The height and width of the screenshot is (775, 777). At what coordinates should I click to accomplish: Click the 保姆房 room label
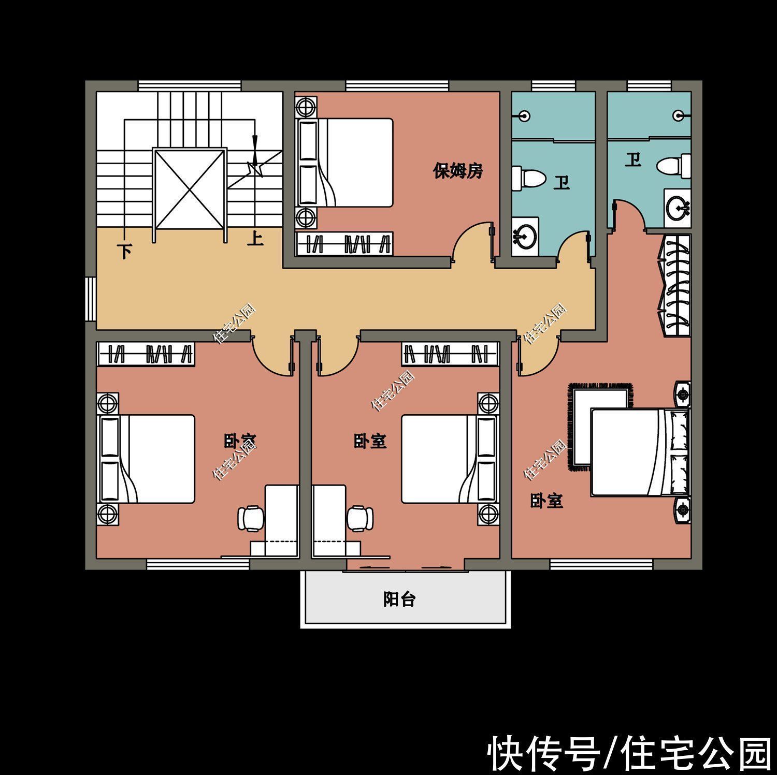click(x=458, y=171)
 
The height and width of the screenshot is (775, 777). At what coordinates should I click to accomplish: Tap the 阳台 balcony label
click(x=399, y=599)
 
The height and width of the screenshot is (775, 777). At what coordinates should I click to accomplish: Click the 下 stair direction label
click(x=124, y=252)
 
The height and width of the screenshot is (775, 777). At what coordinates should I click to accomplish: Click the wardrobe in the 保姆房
click(x=344, y=244)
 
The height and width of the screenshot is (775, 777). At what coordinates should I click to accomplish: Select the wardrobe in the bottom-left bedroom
click(x=146, y=355)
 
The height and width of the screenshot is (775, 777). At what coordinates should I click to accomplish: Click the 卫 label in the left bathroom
click(x=562, y=183)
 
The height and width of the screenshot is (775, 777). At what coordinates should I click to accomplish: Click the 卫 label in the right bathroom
click(x=632, y=160)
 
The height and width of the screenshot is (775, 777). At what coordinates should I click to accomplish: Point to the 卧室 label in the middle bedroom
click(x=370, y=442)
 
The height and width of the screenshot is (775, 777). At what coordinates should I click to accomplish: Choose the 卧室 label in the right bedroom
click(x=546, y=501)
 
